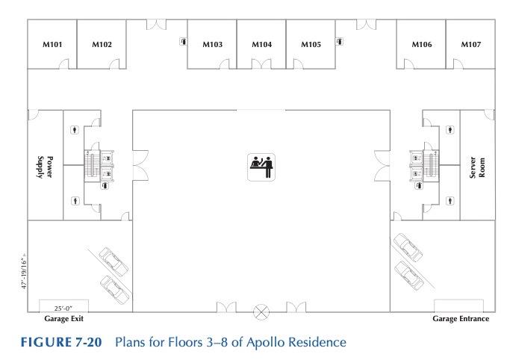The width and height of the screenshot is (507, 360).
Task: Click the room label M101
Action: (52, 45)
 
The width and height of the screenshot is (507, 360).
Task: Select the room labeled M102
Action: (102, 45)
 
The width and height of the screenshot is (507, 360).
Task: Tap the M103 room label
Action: (212, 45)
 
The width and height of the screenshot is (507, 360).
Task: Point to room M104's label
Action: (261, 45)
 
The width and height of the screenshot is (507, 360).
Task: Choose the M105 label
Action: (311, 45)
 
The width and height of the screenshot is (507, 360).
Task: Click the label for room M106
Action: (422, 45)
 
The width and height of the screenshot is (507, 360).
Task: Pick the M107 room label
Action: (470, 45)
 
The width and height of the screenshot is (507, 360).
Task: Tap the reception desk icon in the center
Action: (261, 164)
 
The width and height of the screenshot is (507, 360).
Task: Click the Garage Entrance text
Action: (461, 319)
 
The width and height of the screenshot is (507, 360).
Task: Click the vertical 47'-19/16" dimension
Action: (22, 273)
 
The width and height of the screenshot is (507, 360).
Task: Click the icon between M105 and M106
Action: (339, 42)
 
